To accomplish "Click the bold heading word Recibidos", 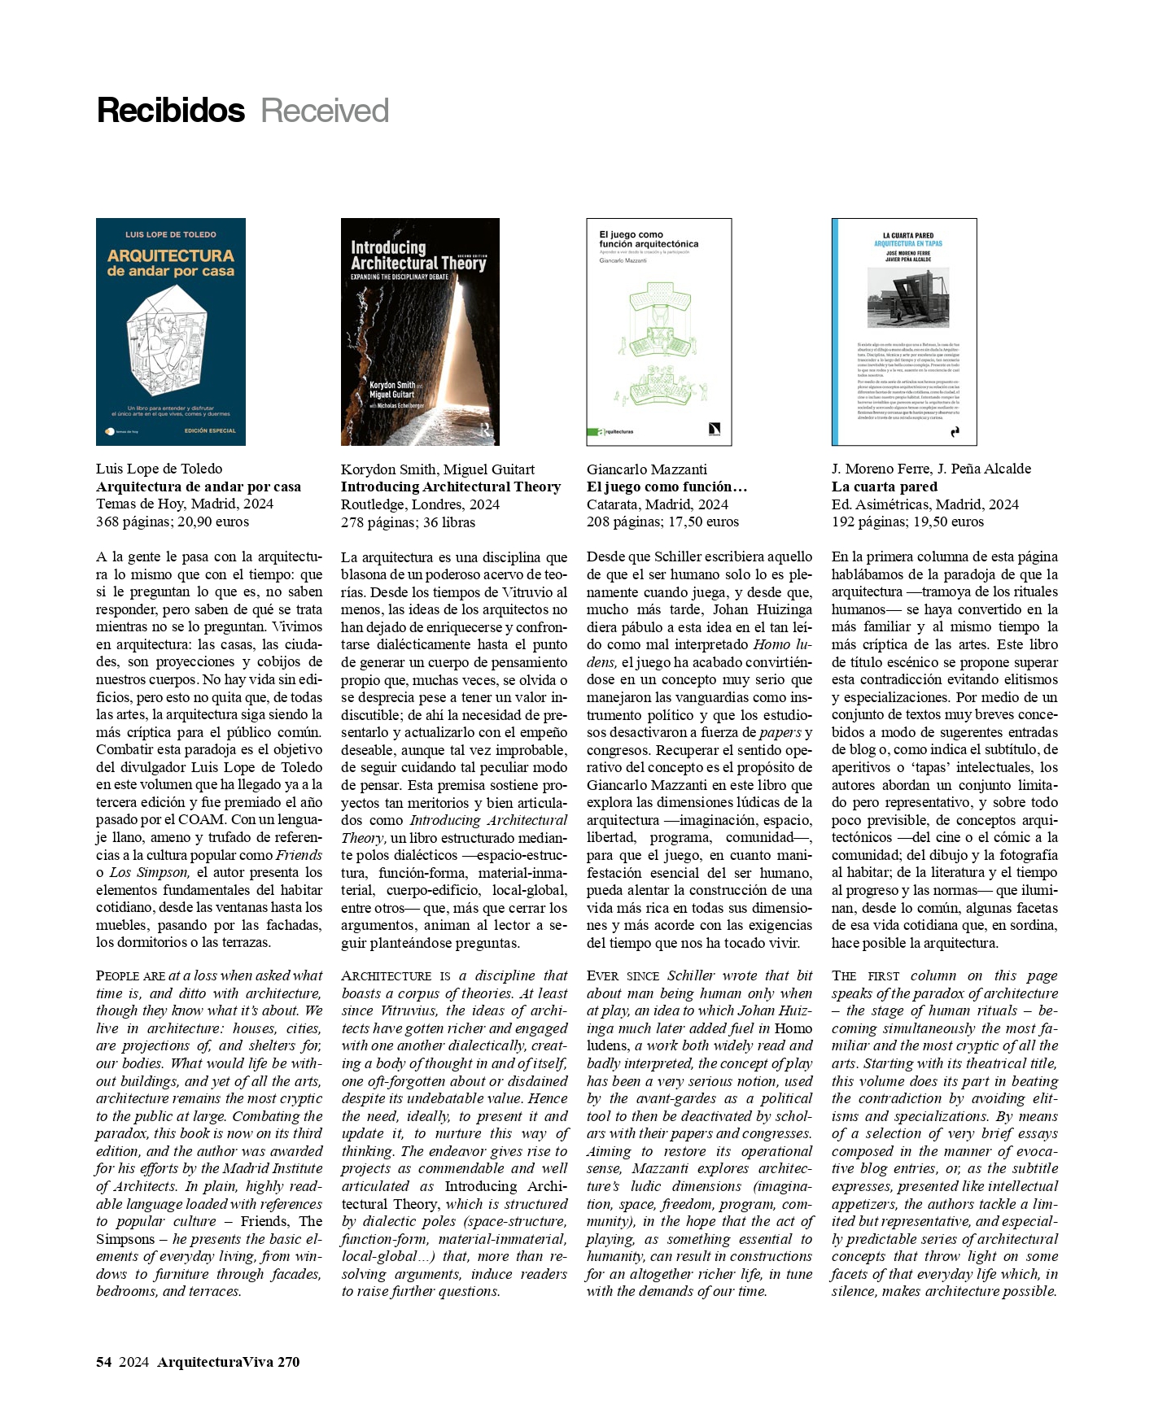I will click(170, 111).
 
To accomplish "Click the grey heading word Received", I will click(325, 111).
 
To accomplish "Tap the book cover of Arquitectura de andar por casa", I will click(171, 332).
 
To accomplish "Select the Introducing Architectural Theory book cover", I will click(420, 332).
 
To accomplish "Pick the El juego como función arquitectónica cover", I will click(659, 332).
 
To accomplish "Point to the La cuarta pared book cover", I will click(904, 332).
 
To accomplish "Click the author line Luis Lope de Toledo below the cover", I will click(159, 469).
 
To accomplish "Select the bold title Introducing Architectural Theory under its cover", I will click(450, 487).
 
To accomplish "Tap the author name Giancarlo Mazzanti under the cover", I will click(646, 469).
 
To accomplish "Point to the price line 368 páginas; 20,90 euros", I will click(173, 521).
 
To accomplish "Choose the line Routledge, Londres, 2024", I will click(420, 504).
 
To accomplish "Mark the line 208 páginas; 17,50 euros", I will click(662, 521).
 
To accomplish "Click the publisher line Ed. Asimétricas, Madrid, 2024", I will click(925, 504).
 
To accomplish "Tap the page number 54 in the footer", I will click(103, 1362).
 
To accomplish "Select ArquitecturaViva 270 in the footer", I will click(228, 1362).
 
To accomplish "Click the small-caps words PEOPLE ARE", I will click(130, 975).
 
